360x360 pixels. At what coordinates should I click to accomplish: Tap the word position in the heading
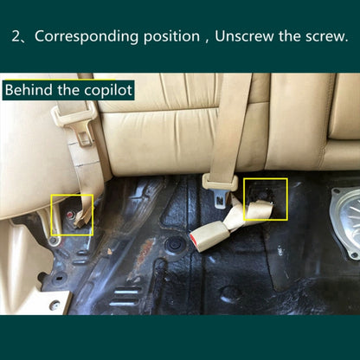(x=176, y=37)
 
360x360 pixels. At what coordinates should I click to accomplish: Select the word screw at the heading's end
(x=322, y=37)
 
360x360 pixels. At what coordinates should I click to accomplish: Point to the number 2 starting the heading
(x=16, y=37)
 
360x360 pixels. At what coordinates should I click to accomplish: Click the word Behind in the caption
(x=32, y=90)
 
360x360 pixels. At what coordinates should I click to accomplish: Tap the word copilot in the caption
(x=112, y=90)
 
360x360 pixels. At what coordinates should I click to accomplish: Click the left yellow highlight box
(x=72, y=215)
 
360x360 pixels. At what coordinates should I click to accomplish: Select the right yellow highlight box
(x=266, y=201)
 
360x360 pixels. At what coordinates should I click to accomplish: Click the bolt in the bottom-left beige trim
(x=54, y=305)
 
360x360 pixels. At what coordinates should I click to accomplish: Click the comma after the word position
(x=205, y=41)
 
